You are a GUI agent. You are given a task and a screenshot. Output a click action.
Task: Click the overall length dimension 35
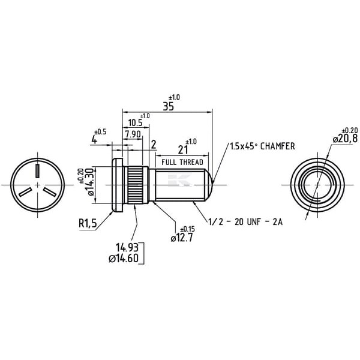click(x=168, y=106)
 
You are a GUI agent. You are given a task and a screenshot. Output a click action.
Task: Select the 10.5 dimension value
click(x=135, y=123)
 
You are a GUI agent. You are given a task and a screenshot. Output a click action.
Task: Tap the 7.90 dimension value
click(x=133, y=134)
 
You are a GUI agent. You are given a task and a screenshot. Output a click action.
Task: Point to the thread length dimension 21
click(x=183, y=150)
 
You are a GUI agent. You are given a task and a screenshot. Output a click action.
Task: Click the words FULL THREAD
click(x=182, y=163)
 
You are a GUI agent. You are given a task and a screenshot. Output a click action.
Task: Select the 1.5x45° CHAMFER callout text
click(x=262, y=146)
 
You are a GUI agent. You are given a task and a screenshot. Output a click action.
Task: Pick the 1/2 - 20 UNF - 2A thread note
click(x=245, y=222)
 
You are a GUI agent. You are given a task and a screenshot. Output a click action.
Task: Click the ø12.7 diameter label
click(x=182, y=238)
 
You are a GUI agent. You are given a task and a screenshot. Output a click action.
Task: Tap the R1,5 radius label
click(x=88, y=223)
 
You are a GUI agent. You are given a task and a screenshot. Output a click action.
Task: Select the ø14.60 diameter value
click(x=124, y=259)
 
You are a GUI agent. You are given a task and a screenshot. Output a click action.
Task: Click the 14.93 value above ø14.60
click(x=127, y=248)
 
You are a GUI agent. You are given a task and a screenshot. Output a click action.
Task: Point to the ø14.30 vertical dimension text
click(x=90, y=182)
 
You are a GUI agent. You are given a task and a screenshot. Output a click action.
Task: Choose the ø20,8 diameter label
click(x=345, y=139)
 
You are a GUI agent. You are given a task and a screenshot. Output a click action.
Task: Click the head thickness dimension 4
click(x=94, y=140)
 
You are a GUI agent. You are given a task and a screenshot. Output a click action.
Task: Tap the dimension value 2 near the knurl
click(x=154, y=145)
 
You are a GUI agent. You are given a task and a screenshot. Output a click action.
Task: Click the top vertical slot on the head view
click(x=37, y=170)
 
